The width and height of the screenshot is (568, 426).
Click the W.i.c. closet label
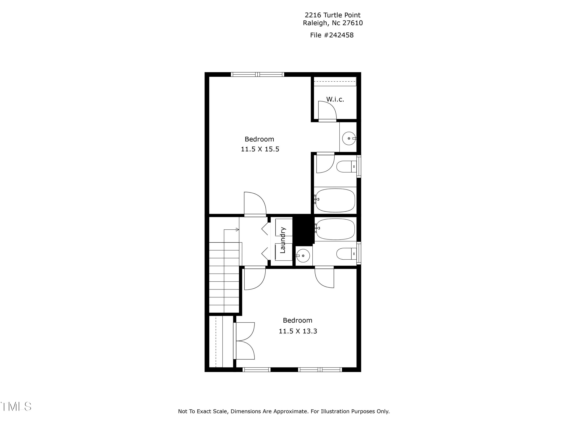tap(335, 99)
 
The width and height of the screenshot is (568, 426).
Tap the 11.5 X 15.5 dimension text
tap(260, 149)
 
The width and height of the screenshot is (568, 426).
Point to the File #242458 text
tap(332, 35)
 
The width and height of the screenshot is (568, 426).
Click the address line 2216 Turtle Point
tap(332, 15)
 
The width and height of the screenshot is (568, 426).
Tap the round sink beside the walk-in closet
tap(349, 138)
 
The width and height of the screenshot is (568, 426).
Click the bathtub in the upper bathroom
tap(335, 200)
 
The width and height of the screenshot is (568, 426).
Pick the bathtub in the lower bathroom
tap(335, 229)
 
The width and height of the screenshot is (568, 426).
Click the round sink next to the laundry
tap(303, 256)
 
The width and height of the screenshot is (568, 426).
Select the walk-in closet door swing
tap(327, 111)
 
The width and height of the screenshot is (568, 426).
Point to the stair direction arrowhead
tap(237, 229)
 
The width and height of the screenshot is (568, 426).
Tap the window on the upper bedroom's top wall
tap(257, 74)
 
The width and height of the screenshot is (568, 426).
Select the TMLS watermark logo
tap(16, 406)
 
